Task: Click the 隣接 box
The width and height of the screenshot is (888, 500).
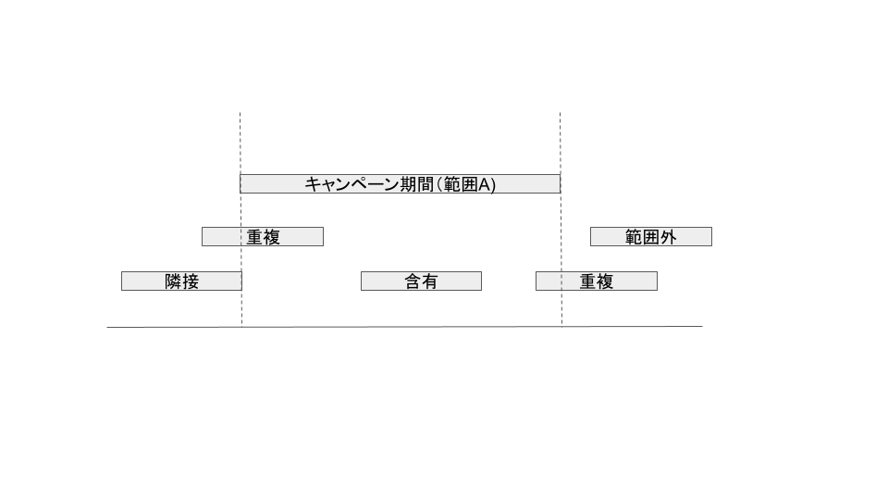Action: [x=181, y=281]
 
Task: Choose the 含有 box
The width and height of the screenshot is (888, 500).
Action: [x=421, y=281]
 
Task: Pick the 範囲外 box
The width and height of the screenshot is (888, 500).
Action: [x=651, y=237]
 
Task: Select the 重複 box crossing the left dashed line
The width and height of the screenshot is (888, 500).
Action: [x=263, y=237]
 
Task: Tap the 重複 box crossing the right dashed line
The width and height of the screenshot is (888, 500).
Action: [x=597, y=281]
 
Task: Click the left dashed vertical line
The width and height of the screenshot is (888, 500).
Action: [x=240, y=139]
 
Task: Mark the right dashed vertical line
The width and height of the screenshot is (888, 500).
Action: [x=560, y=139]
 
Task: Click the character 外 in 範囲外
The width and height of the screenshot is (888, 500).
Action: [x=668, y=237]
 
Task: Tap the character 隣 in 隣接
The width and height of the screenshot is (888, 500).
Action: [x=173, y=281]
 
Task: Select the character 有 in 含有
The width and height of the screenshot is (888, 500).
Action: [x=429, y=281]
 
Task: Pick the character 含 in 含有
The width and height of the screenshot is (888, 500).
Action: [x=413, y=281]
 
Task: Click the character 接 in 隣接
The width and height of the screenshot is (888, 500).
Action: [x=191, y=281]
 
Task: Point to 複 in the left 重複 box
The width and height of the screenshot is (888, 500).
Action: [x=271, y=237]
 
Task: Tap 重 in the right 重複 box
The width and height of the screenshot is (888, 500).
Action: [x=588, y=281]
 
